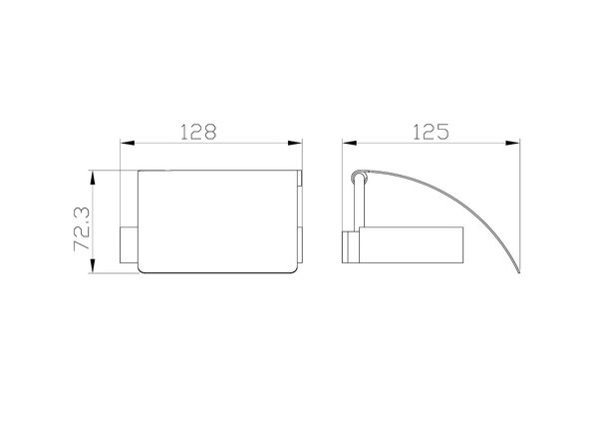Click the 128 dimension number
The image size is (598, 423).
tap(198, 132)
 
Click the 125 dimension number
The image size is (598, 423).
tap(431, 132)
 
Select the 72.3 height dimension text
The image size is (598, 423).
tap(82, 228)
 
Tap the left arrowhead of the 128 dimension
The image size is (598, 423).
tap(128, 143)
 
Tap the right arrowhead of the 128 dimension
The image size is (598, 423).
tap(295, 143)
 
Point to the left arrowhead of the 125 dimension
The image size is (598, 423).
tap(350, 143)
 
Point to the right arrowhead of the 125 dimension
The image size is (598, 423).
tap(512, 143)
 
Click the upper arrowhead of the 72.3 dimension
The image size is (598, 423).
tap(92, 178)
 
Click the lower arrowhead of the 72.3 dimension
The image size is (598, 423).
tap(92, 266)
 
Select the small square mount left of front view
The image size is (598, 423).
tap(129, 245)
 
